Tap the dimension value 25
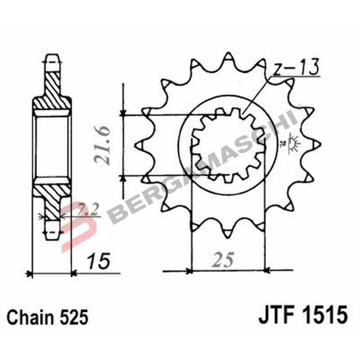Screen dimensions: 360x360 [x=224, y=260]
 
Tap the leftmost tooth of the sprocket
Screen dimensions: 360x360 [x=139, y=145]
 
